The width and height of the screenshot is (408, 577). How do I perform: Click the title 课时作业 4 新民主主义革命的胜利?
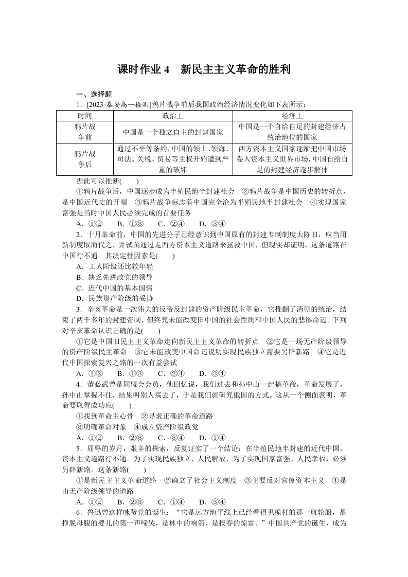pyautogui.click(x=204, y=69)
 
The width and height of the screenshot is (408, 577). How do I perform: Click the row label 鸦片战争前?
pyautogui.click(x=84, y=132)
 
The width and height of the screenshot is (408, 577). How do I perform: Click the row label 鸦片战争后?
pyautogui.click(x=84, y=159)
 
